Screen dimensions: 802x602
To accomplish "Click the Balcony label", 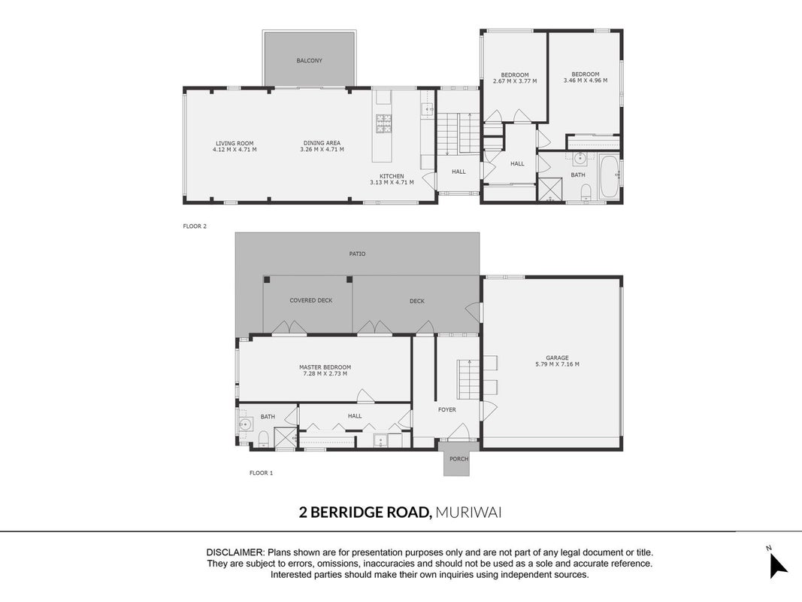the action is (x=310, y=60).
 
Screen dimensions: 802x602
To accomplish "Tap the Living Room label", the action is (x=235, y=143).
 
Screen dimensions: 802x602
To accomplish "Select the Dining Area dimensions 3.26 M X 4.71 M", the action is (x=322, y=150).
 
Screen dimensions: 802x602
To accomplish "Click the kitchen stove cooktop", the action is (x=383, y=124).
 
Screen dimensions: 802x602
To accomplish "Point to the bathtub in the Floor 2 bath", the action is (x=609, y=178).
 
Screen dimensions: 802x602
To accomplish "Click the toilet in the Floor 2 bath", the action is (x=586, y=192).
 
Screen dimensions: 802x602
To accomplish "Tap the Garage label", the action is (x=557, y=358).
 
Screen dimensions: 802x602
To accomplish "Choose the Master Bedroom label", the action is (x=325, y=367).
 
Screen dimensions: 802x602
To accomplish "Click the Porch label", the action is (x=459, y=459).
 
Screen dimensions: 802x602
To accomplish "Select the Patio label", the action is (x=358, y=254).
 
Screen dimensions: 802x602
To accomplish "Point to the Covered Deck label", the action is (x=311, y=300).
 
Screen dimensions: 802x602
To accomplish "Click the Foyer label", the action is (x=447, y=409).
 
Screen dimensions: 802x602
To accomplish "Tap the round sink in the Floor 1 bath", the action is (x=246, y=424).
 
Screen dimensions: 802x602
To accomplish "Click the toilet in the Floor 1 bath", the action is (x=264, y=439).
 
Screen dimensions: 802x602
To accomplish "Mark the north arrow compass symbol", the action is (x=778, y=566).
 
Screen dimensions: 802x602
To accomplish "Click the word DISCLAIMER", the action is (x=235, y=553).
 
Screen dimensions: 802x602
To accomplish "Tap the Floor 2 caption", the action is (x=195, y=226).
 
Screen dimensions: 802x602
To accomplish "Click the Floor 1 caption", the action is (x=262, y=473).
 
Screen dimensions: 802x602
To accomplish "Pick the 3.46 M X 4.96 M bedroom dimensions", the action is (x=586, y=81).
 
